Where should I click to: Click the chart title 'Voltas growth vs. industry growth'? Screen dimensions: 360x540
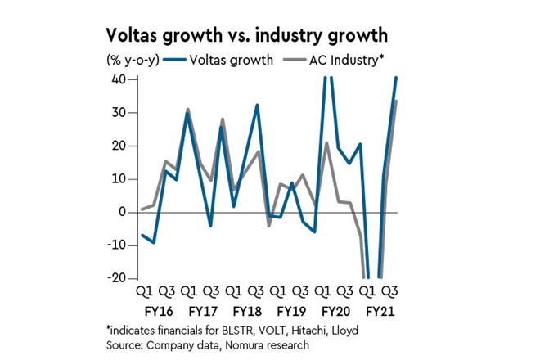click(246, 37)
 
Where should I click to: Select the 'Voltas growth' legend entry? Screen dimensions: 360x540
click(232, 60)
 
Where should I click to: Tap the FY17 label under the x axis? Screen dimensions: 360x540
click(202, 312)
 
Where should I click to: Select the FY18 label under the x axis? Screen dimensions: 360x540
click(247, 312)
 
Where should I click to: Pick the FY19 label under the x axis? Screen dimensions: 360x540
click(291, 312)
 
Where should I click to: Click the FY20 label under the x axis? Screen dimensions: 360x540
click(336, 312)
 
